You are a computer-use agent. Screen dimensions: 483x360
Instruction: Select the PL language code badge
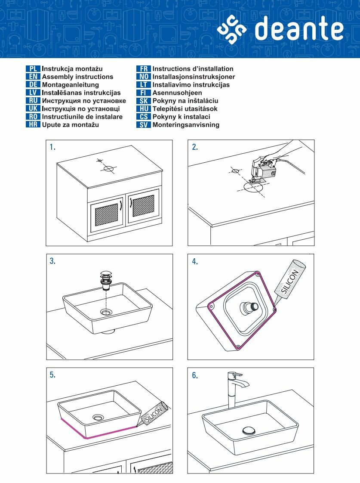pos(33,69)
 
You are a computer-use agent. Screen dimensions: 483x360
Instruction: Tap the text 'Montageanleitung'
pos(70,85)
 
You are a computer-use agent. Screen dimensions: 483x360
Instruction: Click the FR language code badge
pos(144,69)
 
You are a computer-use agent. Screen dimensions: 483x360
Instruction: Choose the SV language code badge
pos(144,125)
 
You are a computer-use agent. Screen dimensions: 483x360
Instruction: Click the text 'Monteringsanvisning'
pos(186,125)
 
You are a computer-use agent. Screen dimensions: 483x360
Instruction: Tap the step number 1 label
pos(52,147)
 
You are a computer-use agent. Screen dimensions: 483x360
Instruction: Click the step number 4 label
pos(195,261)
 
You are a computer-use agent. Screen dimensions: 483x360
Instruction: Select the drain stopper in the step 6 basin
pos(249,430)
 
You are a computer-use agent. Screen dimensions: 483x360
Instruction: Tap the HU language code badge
pos(144,109)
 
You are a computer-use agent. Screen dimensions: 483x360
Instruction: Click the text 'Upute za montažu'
pos(70,125)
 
